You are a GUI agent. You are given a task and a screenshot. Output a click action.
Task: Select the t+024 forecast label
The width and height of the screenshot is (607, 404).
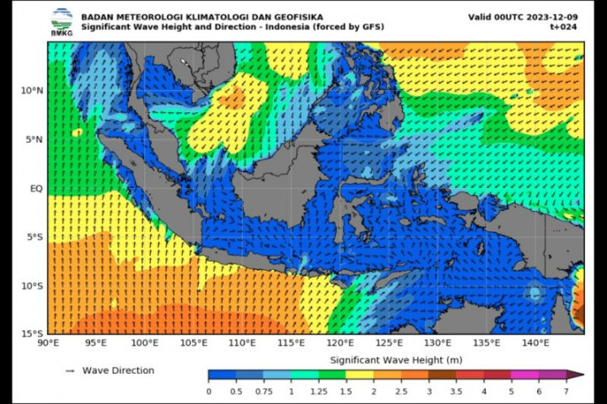pos(567,27)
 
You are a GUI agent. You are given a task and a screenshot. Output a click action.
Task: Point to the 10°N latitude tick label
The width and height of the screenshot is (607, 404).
pos(31,90)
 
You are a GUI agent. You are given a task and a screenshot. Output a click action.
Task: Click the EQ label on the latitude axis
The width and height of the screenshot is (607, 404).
pos(36,188)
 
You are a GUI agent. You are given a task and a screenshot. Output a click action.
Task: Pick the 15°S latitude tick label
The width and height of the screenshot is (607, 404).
pos(31,334)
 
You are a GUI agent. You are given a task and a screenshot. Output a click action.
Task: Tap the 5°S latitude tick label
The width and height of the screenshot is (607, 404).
pos(34,237)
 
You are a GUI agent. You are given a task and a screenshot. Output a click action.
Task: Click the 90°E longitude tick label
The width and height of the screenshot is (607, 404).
pos(48,343)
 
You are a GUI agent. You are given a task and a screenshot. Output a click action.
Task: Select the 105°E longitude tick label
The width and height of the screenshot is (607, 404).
pos(194,343)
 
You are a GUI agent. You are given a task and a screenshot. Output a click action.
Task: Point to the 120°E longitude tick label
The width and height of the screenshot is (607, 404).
pos(341,343)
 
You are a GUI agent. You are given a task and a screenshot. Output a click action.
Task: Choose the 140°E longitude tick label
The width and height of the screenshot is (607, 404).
pos(536,343)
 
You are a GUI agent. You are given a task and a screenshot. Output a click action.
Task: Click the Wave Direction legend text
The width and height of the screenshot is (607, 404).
pos(118,370)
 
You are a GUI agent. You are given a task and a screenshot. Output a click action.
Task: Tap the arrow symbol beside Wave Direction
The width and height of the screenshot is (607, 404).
pos(70,370)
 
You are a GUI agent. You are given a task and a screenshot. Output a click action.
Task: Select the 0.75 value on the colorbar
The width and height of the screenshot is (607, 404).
pos(264,391)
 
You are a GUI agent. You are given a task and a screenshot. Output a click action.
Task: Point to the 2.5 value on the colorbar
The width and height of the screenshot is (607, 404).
pos(400,391)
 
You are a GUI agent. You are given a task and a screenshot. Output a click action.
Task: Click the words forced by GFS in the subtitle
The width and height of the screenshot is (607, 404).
pos(348,27)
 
